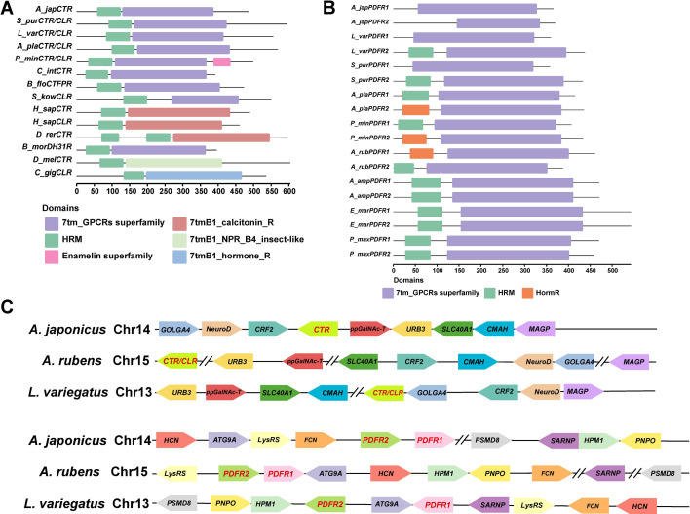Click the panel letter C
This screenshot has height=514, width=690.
tap(8, 305)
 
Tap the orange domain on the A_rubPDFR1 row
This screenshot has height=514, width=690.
tap(421, 153)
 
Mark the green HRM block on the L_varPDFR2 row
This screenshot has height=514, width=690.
tap(421, 52)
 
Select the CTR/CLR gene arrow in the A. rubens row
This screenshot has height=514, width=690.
tap(181, 361)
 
